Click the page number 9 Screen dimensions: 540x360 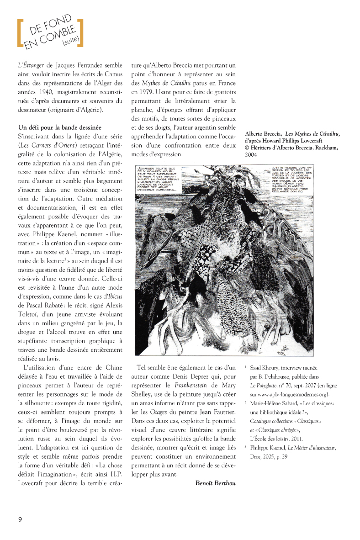click(x=20, y=519)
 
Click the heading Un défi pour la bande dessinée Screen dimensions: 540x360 click(x=59, y=127)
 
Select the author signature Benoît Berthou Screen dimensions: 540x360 click(x=215, y=483)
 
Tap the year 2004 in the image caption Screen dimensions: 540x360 click(x=251, y=155)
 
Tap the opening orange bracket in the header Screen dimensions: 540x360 click(x=19, y=33)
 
